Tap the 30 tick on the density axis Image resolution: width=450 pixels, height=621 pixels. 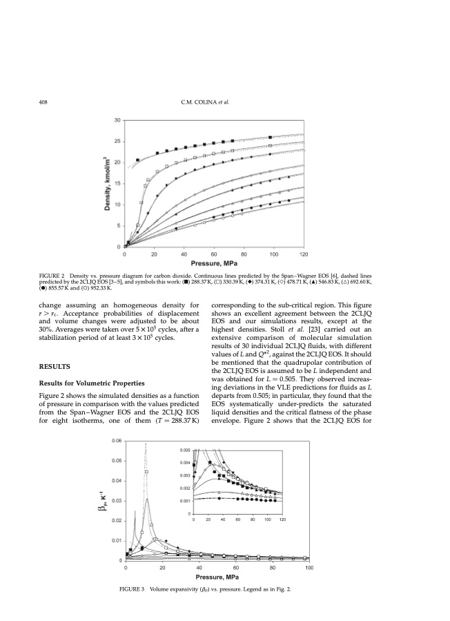(117, 120)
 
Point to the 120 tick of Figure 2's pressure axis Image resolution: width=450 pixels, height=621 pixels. (304, 254)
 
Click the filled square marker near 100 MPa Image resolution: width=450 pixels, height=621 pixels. (271, 137)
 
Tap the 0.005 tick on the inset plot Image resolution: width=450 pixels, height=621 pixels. (185, 450)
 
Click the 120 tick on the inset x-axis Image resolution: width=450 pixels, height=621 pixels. (282, 519)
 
